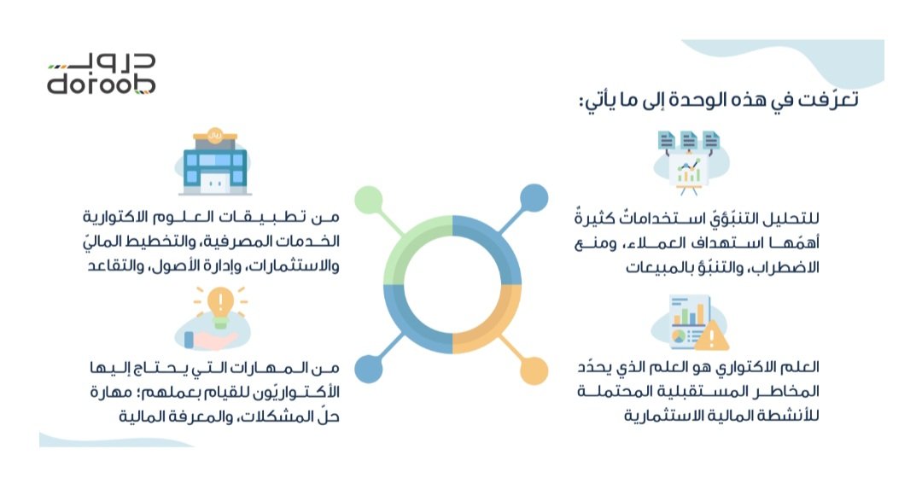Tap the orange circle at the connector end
pos(533,370)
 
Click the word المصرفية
pos(256,245)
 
